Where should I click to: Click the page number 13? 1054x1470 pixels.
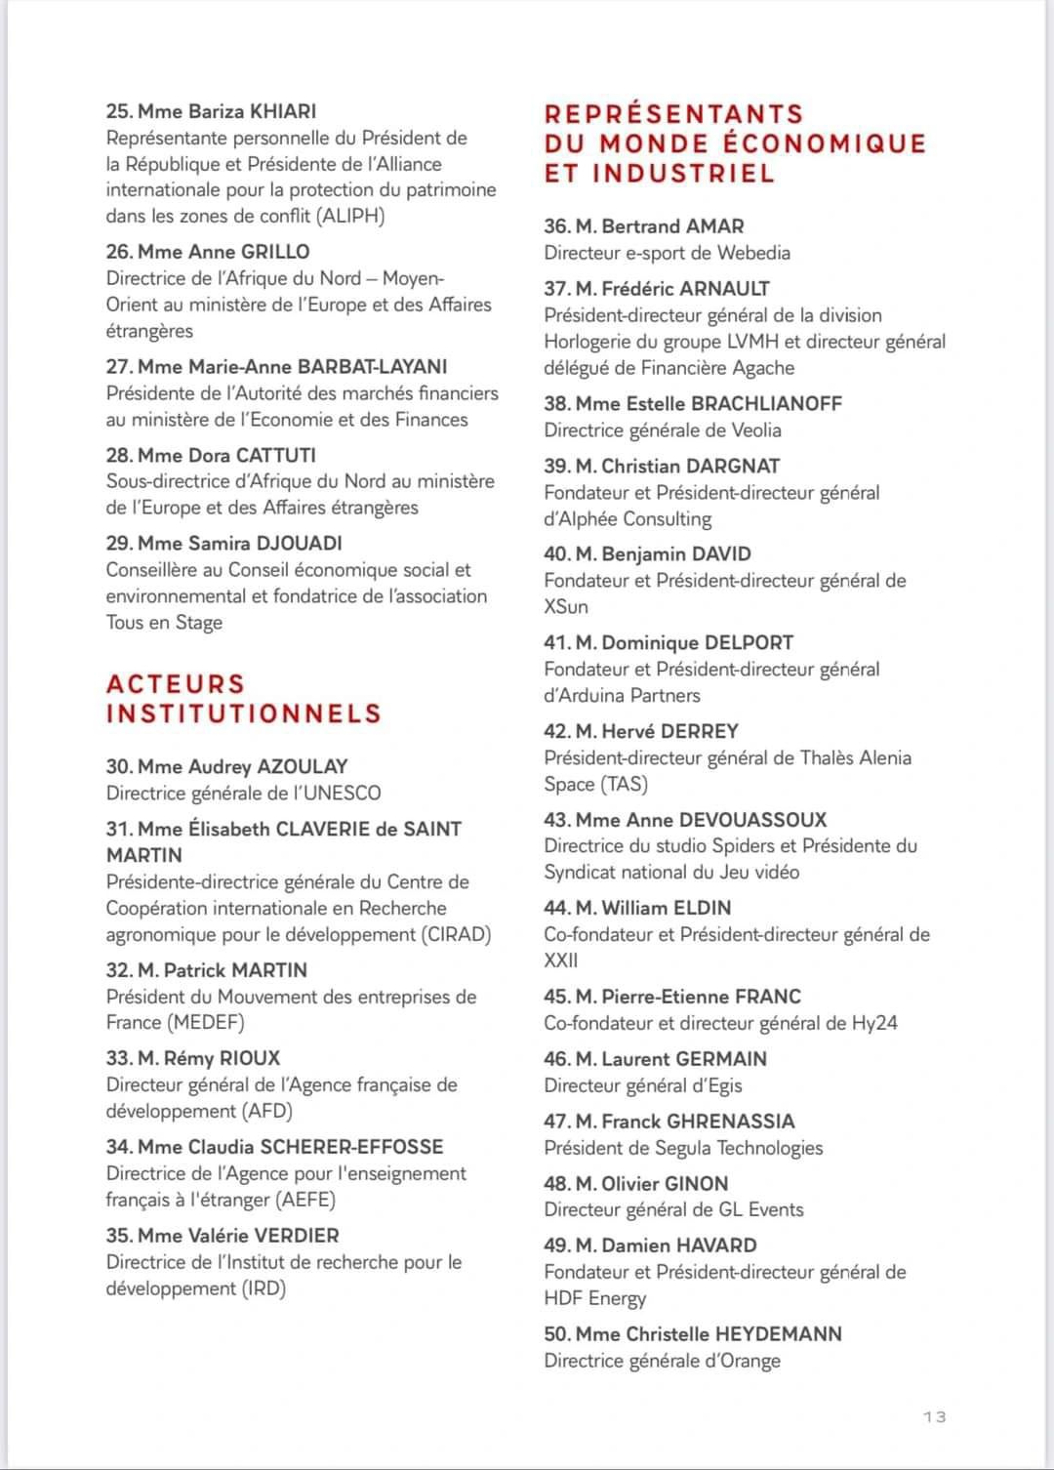click(x=934, y=1416)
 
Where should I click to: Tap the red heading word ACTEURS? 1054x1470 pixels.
click(x=176, y=683)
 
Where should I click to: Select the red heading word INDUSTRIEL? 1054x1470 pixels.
click(x=683, y=174)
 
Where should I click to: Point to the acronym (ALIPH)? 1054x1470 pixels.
click(x=351, y=216)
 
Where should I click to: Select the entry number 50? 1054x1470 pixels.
click(x=556, y=1333)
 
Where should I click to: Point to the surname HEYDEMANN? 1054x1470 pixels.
click(x=778, y=1333)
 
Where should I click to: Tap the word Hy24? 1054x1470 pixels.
click(x=874, y=1023)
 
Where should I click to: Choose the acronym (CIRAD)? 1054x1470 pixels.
click(x=457, y=934)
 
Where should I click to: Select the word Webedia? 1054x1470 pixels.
click(x=753, y=253)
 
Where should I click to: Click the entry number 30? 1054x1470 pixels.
click(x=118, y=766)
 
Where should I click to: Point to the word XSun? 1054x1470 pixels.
click(x=566, y=606)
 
